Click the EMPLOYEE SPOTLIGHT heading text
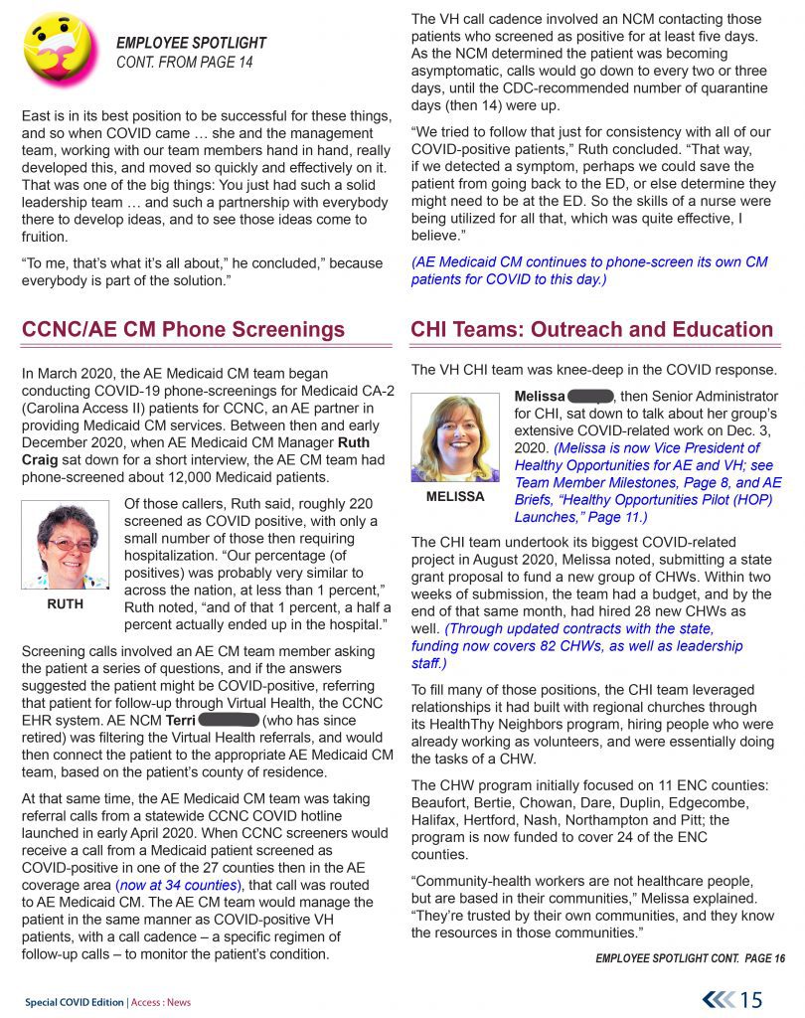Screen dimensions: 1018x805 click(191, 43)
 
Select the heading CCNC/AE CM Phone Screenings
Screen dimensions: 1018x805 click(184, 330)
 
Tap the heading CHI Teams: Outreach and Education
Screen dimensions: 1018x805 click(591, 330)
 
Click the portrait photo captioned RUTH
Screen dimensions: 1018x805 click(64, 545)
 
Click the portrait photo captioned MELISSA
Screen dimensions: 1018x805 click(456, 437)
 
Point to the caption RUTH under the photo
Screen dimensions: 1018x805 click(64, 603)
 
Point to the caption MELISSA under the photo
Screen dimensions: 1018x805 click(455, 496)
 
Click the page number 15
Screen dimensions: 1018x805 click(752, 998)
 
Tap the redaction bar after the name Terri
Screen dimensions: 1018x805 click(228, 719)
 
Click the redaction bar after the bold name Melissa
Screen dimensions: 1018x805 click(590, 396)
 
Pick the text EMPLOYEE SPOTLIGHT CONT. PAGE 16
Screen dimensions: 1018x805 click(690, 957)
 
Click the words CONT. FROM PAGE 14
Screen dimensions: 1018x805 click(185, 63)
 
